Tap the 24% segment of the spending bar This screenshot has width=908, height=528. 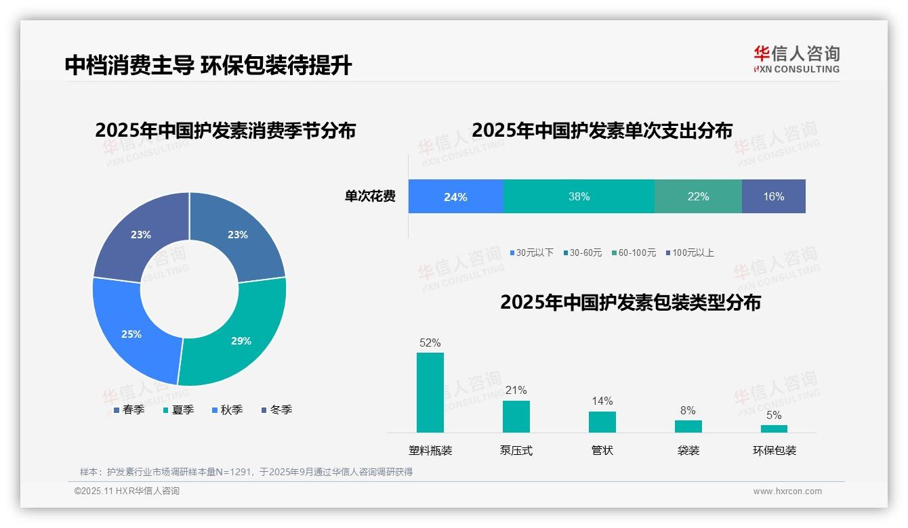[x=455, y=197]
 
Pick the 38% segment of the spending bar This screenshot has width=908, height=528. [x=579, y=197]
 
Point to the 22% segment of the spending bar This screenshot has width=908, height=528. [x=698, y=197]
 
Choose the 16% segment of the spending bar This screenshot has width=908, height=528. [x=773, y=197]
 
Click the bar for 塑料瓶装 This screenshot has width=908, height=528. [x=430, y=393]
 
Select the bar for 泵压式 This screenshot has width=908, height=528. [x=516, y=416]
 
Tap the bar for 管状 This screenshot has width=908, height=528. [x=602, y=422]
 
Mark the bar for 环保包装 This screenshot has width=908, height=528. [x=774, y=428]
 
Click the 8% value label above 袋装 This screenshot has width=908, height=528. [x=688, y=410]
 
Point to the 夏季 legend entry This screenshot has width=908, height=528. [x=179, y=410]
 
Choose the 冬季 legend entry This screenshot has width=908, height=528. [x=277, y=410]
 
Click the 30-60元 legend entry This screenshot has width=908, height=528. [x=582, y=252]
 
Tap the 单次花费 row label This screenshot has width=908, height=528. [x=370, y=197]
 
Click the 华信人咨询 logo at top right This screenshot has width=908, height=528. [x=797, y=59]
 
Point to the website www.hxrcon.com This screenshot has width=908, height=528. [x=787, y=491]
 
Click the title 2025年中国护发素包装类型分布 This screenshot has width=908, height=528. [x=630, y=303]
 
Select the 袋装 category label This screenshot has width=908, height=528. [x=688, y=450]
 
